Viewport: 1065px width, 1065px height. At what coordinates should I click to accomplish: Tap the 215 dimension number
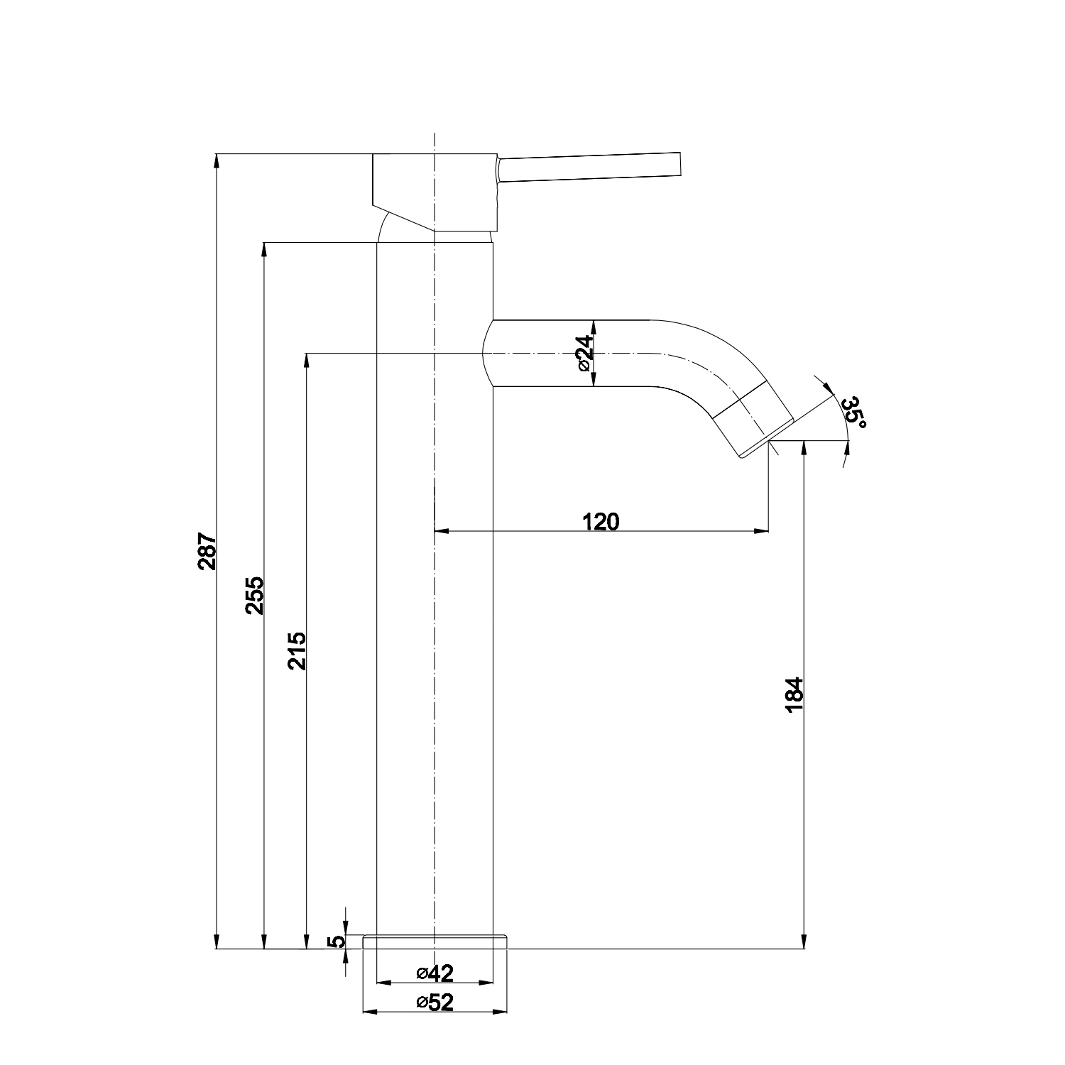tap(296, 650)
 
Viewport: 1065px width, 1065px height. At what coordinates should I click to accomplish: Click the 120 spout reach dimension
tap(601, 522)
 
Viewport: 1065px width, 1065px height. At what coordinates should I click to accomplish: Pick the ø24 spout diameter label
tap(583, 353)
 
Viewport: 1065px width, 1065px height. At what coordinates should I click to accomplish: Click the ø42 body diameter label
tap(435, 972)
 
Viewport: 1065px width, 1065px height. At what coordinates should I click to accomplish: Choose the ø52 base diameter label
tap(435, 1002)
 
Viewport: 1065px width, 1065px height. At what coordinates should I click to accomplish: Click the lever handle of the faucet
tap(589, 167)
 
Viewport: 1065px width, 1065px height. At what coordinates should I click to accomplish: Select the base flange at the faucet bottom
tap(435, 942)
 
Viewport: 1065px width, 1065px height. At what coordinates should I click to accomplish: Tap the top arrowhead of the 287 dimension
tap(217, 160)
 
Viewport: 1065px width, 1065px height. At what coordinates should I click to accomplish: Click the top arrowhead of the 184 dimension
tap(804, 448)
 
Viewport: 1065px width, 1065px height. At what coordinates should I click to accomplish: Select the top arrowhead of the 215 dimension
tap(307, 360)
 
